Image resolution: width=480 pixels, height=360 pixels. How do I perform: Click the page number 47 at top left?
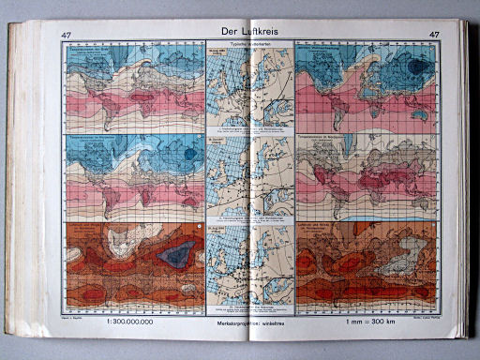pos(66,37)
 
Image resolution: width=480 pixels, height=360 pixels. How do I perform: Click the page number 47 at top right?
pos(433,37)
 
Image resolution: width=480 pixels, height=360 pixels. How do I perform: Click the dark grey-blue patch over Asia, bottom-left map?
pos(178,253)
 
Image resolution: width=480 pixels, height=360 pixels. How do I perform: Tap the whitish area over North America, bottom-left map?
pos(94,239)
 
